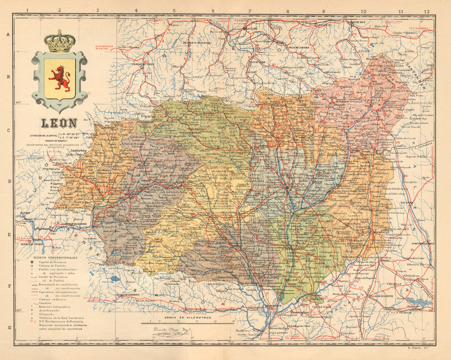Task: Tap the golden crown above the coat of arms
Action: tap(59, 42)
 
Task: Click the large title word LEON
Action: tap(59, 123)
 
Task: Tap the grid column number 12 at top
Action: tap(427, 11)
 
